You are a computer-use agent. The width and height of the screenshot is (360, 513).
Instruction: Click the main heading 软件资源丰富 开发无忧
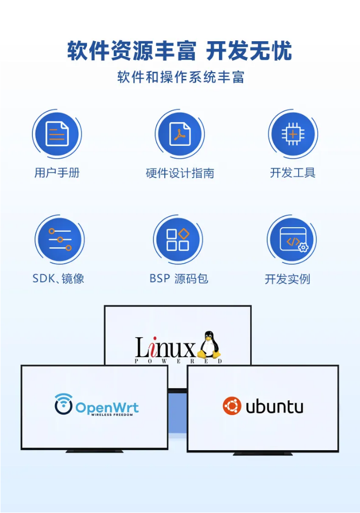pos(180,51)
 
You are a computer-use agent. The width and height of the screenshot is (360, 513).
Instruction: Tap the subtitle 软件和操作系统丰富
pos(180,78)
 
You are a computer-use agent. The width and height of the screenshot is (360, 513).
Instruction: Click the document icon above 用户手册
pos(57,134)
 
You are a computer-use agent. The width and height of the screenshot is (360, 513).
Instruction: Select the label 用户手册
pos(57,173)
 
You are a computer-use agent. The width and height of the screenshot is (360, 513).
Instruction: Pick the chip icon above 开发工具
pos(293,134)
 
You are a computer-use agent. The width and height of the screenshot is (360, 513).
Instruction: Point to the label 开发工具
pos(293,173)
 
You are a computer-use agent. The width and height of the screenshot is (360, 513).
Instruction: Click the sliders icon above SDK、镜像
pos(60,240)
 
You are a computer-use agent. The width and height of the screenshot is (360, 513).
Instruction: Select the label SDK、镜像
pos(58,279)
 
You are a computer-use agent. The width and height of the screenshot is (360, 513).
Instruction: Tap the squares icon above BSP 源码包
pos(178,240)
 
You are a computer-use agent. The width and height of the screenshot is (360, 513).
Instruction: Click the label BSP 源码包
pos(179,279)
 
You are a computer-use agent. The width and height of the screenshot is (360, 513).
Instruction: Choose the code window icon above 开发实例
pos(292,241)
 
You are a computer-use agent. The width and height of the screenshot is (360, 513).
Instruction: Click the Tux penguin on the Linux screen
pos(209,345)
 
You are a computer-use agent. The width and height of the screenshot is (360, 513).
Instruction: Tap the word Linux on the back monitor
pos(165,348)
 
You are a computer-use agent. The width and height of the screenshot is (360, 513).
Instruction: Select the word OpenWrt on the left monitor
pos(107,407)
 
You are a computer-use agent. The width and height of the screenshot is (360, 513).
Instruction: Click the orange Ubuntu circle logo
pos(232,406)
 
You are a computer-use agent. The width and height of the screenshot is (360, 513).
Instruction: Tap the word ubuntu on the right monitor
pos(274,407)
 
